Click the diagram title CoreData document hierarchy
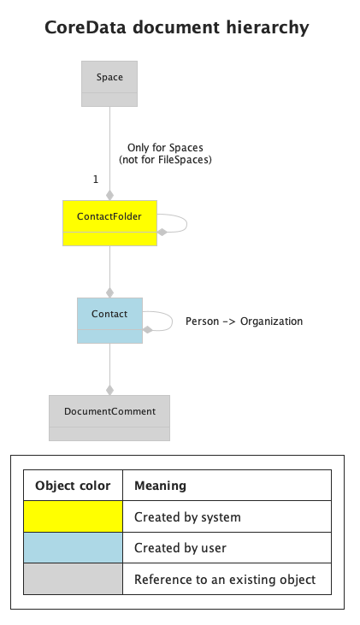(x=177, y=28)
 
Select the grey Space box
(x=109, y=84)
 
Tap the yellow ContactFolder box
(x=109, y=223)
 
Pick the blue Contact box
(x=109, y=321)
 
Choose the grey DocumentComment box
(x=109, y=418)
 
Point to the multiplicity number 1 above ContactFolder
(x=96, y=180)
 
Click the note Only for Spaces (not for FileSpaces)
(x=165, y=153)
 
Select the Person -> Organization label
(x=244, y=321)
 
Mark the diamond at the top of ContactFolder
(x=109, y=195)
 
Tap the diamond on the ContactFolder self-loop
(x=162, y=232)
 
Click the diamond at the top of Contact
(x=109, y=292)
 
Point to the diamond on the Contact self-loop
(x=148, y=330)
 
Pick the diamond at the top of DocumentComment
(x=109, y=390)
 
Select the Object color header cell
(x=73, y=485)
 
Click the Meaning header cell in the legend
(x=227, y=485)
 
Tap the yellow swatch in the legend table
(x=73, y=516)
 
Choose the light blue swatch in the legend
(x=73, y=548)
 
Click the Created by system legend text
(x=187, y=517)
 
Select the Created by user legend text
(x=180, y=548)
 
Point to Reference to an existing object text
(x=225, y=579)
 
